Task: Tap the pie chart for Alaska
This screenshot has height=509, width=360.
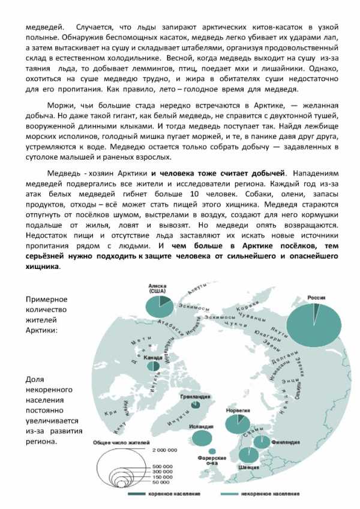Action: click(159, 304)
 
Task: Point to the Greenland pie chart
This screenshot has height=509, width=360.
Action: click(196, 405)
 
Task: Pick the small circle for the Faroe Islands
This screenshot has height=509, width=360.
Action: click(211, 451)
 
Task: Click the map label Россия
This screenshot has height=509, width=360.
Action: click(316, 297)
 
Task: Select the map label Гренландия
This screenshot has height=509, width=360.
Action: click(196, 397)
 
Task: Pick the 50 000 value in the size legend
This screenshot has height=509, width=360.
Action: click(160, 482)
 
